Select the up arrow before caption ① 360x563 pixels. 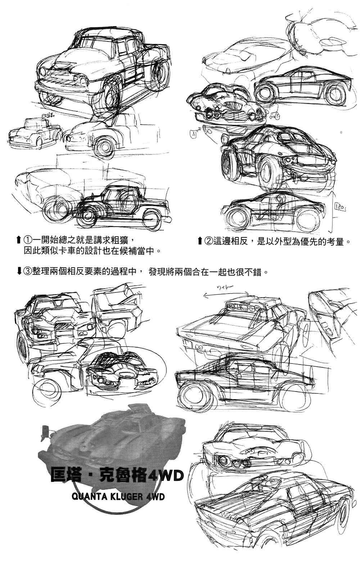coord(19,240)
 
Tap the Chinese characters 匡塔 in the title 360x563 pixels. coord(67,475)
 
